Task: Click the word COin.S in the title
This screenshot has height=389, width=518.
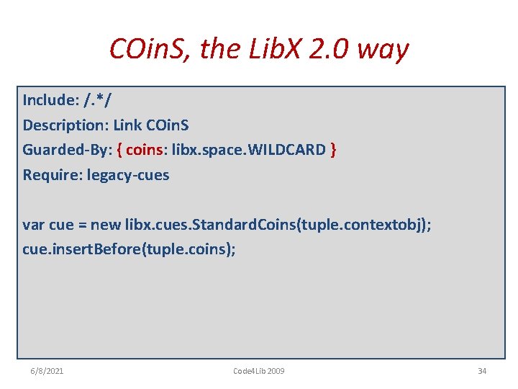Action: point(149,49)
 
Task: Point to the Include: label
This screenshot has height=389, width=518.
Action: point(50,100)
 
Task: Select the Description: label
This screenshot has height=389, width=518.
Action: point(65,125)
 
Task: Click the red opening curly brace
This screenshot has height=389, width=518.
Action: point(119,150)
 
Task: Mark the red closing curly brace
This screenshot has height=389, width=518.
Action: point(334,150)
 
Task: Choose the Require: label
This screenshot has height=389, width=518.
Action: point(52,175)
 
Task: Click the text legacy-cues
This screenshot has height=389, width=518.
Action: point(128,175)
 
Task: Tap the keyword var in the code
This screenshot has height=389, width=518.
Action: point(33,225)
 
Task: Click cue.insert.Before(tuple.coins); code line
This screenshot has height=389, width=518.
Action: point(130,249)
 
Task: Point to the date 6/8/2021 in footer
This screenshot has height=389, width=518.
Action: point(47,371)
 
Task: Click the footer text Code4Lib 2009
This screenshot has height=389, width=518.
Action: point(259,371)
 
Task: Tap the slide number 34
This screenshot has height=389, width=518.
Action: point(482,371)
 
